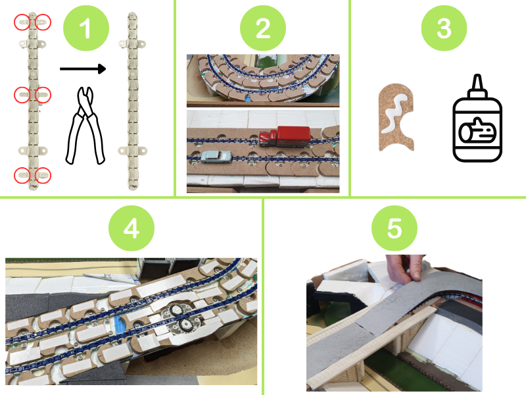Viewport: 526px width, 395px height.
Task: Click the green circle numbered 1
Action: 86,28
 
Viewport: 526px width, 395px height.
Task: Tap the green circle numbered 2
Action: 263,28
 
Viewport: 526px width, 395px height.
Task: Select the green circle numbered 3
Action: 444,28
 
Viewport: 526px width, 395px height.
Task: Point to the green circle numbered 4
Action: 131,228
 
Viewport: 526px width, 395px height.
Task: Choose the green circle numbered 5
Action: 394,228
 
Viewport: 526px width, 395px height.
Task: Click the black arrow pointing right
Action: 83,69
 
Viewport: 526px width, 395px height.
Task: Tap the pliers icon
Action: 85,126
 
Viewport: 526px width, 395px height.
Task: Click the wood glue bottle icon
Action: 477,118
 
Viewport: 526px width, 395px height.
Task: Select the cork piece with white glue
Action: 396,117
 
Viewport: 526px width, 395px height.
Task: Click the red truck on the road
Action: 285,136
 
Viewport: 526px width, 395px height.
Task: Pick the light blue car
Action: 216,157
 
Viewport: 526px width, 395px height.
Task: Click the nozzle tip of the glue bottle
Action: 478,76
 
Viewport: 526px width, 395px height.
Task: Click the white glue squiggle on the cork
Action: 396,113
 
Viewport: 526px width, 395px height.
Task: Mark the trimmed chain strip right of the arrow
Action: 133,101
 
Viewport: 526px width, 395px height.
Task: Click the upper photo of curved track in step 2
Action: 263,80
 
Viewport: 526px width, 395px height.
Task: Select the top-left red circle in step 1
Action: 22,22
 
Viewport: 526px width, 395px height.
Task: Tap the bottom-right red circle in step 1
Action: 43,175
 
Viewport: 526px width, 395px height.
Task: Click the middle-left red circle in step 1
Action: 22,95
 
